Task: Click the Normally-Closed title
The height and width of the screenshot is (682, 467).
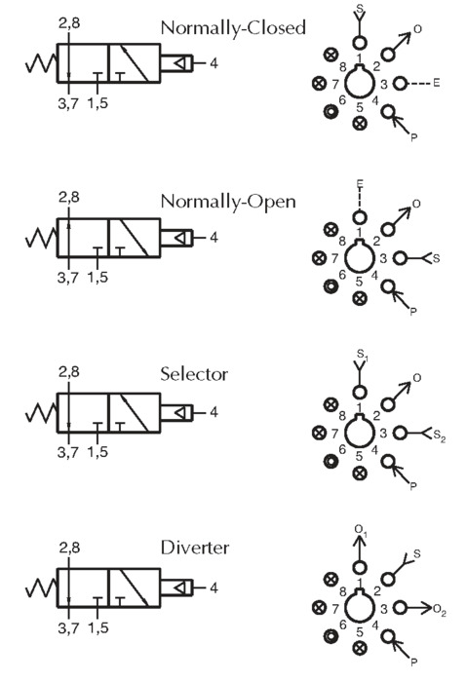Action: pyautogui.click(x=233, y=28)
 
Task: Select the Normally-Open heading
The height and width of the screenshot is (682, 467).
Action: pyautogui.click(x=228, y=203)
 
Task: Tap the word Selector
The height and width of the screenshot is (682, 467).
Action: pyautogui.click(x=194, y=374)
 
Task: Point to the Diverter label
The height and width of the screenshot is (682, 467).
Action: pyautogui.click(x=195, y=548)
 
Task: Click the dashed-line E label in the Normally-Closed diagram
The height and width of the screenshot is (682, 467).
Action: pyautogui.click(x=437, y=83)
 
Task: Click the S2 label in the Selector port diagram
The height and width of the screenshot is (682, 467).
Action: pyautogui.click(x=440, y=436)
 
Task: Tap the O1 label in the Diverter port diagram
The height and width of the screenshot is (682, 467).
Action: pyautogui.click(x=361, y=530)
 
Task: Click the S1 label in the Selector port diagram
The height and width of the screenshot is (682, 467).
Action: pyautogui.click(x=363, y=354)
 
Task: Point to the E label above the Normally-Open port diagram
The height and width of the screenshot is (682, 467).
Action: pyautogui.click(x=360, y=184)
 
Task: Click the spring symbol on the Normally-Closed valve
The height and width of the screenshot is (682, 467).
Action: pyautogui.click(x=41, y=63)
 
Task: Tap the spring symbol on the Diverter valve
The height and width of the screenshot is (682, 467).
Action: pyautogui.click(x=41, y=588)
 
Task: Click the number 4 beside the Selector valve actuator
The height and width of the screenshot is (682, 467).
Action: pyautogui.click(x=214, y=412)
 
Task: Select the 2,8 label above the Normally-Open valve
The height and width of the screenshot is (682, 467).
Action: pyautogui.click(x=69, y=198)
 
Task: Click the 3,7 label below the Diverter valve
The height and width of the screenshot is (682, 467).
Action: pyautogui.click(x=69, y=627)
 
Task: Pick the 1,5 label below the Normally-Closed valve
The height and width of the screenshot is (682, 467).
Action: pyautogui.click(x=97, y=103)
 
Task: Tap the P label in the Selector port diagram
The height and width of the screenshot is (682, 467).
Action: pyautogui.click(x=413, y=486)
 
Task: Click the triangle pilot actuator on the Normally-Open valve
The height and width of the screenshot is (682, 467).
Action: pyautogui.click(x=180, y=238)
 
